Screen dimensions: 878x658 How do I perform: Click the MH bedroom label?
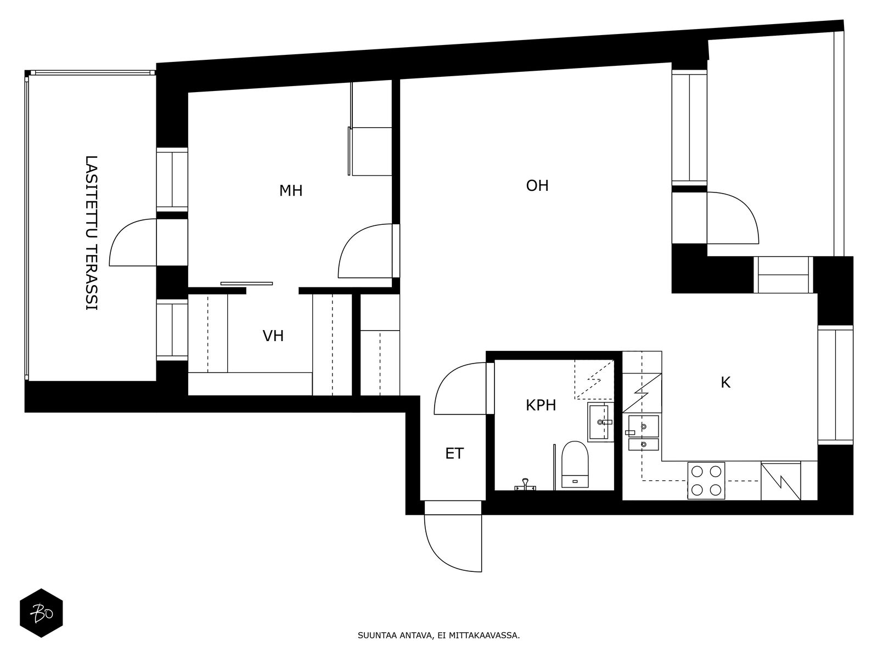pos(291,191)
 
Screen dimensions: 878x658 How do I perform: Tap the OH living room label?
pos(537,186)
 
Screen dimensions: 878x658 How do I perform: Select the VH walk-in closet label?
pos(273,336)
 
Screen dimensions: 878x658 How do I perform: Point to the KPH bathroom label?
pos(541,406)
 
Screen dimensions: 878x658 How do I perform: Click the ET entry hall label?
pos(454,453)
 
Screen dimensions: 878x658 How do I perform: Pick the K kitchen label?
pos(725,383)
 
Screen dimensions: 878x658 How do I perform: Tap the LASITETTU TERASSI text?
pos(92,233)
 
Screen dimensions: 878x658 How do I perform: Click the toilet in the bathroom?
pos(575,464)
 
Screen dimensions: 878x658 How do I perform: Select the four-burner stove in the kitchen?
pos(706,481)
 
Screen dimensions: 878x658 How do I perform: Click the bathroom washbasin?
pos(600,422)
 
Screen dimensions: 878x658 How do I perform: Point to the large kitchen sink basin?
pos(643,426)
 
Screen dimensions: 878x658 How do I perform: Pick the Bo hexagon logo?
pos(41,613)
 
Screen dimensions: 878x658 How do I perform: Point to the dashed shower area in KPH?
pos(594,379)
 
